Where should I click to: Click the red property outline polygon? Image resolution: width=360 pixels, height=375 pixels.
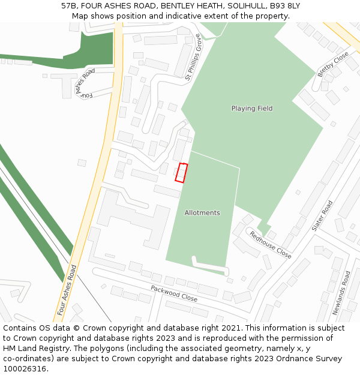(181, 172)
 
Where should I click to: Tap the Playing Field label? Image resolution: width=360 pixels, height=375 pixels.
(252, 109)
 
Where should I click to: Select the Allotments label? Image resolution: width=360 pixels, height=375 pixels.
(202, 213)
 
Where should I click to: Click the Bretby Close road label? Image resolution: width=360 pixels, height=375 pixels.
(333, 64)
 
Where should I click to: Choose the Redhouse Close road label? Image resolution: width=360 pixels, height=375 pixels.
(271, 245)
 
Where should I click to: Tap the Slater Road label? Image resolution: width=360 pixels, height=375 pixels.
(322, 216)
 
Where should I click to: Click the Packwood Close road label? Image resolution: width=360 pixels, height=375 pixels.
(174, 293)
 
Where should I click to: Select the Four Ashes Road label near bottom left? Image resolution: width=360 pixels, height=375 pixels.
(67, 290)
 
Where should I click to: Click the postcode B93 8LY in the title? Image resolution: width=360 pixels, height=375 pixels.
(284, 6)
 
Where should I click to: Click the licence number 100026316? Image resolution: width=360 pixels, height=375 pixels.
(25, 369)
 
